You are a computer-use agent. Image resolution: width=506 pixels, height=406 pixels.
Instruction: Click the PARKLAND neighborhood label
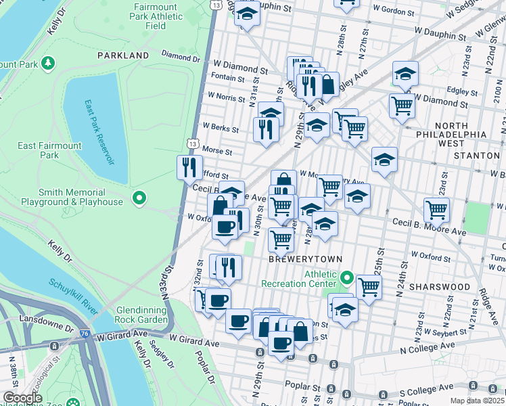(122, 55)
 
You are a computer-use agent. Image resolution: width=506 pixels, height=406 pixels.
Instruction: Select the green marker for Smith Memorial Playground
(139, 198)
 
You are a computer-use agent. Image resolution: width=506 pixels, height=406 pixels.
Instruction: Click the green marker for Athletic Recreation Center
(347, 277)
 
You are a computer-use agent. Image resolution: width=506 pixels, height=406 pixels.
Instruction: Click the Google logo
(23, 398)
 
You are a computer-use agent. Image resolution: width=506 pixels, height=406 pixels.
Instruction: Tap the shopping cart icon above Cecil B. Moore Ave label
(436, 209)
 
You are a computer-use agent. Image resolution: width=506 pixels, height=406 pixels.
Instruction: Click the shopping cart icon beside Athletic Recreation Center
(369, 286)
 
